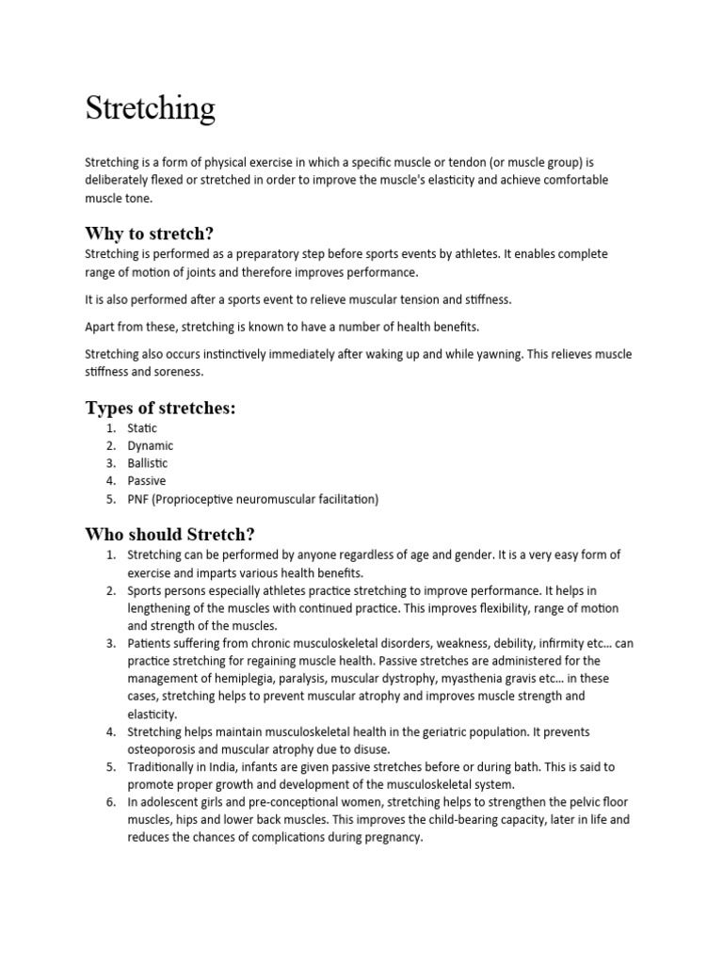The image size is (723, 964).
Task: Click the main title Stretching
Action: click(x=150, y=108)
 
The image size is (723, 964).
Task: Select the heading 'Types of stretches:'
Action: click(x=160, y=408)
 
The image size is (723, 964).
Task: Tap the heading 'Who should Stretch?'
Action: click(x=169, y=534)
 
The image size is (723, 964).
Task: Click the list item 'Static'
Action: click(x=143, y=428)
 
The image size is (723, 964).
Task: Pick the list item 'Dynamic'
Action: click(x=151, y=446)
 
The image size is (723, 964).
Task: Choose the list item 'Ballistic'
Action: click(x=149, y=463)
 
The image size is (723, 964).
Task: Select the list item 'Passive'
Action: click(x=147, y=481)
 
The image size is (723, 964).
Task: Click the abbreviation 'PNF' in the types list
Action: click(x=138, y=499)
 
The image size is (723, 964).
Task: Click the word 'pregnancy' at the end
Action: click(x=394, y=838)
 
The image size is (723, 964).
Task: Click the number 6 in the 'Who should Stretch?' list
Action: click(x=110, y=802)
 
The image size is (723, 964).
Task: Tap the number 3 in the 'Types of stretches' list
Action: click(x=110, y=463)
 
